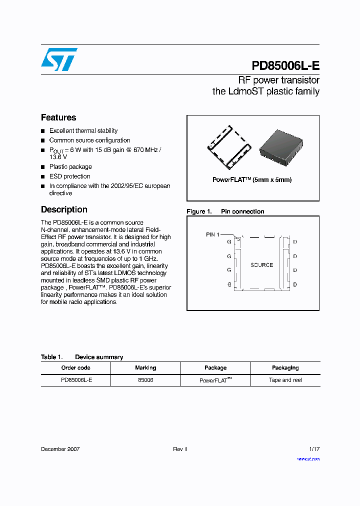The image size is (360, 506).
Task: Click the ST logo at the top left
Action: (59, 59)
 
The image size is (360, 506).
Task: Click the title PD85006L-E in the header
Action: (285, 66)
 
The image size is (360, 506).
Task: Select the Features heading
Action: (58, 117)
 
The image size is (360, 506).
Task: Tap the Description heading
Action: (64, 209)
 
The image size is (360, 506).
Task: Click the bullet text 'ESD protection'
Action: (69, 176)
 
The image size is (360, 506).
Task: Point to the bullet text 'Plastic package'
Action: (70, 167)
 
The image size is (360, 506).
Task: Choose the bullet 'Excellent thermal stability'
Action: (83, 131)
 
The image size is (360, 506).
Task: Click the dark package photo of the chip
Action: (281, 147)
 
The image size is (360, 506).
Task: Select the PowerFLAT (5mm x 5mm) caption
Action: (252, 180)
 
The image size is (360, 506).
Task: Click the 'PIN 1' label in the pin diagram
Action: (212, 234)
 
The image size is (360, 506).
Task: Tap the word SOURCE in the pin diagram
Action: (261, 265)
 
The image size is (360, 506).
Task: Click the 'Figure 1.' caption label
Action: (199, 211)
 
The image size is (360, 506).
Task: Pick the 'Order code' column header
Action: (75, 368)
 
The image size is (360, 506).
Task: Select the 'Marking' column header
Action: (145, 368)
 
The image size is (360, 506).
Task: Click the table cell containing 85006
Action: (145, 380)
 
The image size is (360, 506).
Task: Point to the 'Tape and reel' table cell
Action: (285, 380)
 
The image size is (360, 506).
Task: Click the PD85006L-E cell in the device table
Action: (76, 380)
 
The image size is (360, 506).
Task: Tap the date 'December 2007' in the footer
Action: (60, 449)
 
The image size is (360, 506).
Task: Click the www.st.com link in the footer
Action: (308, 458)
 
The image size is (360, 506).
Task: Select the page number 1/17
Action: (313, 449)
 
